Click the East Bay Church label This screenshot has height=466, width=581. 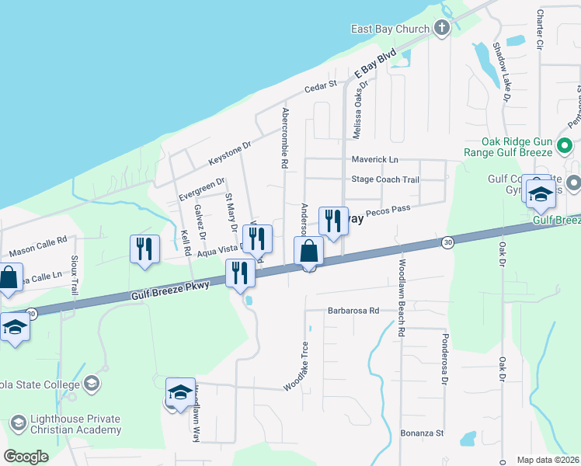tap(390, 30)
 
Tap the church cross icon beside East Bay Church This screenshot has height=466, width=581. tap(442, 30)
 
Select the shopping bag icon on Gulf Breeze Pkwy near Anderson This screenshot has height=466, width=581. tap(308, 252)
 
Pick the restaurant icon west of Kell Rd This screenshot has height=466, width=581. tap(144, 249)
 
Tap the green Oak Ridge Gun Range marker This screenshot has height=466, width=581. tap(566, 145)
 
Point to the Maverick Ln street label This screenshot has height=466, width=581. tap(374, 159)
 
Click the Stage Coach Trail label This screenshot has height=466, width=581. tap(385, 179)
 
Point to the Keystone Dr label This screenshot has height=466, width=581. tap(231, 154)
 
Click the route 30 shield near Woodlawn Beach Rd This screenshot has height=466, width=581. tap(447, 243)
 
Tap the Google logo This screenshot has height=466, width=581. tap(26, 456)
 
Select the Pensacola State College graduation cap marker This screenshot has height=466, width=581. tap(92, 384)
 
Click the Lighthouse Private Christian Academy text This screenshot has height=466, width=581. tap(75, 424)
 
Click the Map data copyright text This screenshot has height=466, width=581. tap(548, 460)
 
